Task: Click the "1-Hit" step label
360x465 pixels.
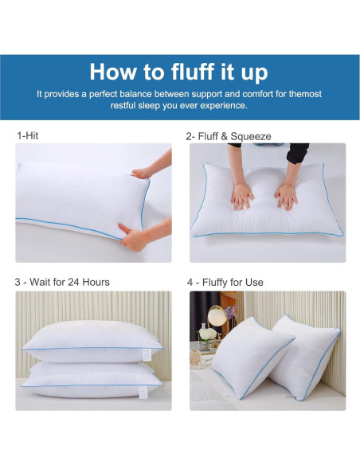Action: (x=27, y=136)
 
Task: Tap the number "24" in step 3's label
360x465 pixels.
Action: (x=68, y=282)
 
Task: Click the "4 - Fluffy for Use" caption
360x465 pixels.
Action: (x=225, y=282)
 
